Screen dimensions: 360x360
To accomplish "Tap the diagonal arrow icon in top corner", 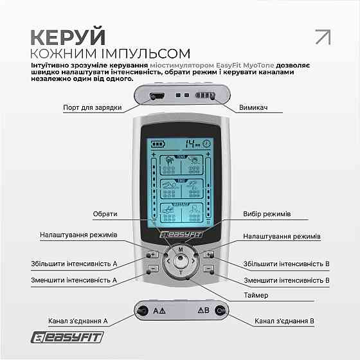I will [322, 37].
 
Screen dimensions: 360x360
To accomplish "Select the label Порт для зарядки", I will [93, 107].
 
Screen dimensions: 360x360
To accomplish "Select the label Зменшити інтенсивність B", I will [286, 280].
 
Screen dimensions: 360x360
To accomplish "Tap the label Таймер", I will [255, 294].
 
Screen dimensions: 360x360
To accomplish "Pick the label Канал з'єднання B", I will [284, 319].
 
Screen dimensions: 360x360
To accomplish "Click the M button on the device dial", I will [181, 248].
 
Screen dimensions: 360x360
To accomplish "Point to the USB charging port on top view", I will [156, 96].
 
